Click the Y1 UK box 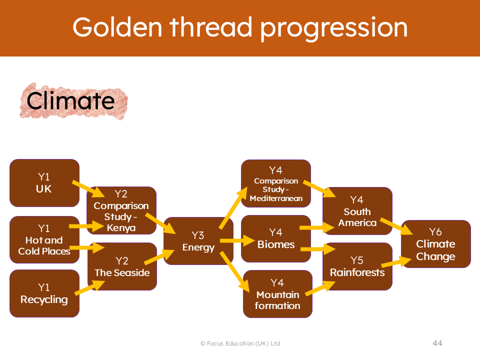[x=44, y=183]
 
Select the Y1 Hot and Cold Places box [x=44, y=239]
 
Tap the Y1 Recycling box [x=44, y=293]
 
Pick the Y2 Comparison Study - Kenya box [x=121, y=210]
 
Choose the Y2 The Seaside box [x=122, y=266]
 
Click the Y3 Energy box [x=198, y=241]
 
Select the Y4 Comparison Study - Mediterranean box [x=276, y=183]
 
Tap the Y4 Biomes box [x=276, y=239]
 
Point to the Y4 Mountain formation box [x=277, y=294]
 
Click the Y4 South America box [x=357, y=211]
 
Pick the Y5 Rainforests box [x=357, y=266]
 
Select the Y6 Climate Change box [x=435, y=244]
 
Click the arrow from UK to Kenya [x=88, y=189]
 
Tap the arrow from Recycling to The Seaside [x=89, y=287]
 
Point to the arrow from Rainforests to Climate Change [x=396, y=262]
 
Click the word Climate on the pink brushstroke [x=70, y=100]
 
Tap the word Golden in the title [x=117, y=27]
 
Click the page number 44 [x=437, y=343]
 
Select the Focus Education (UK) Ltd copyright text [x=240, y=343]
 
